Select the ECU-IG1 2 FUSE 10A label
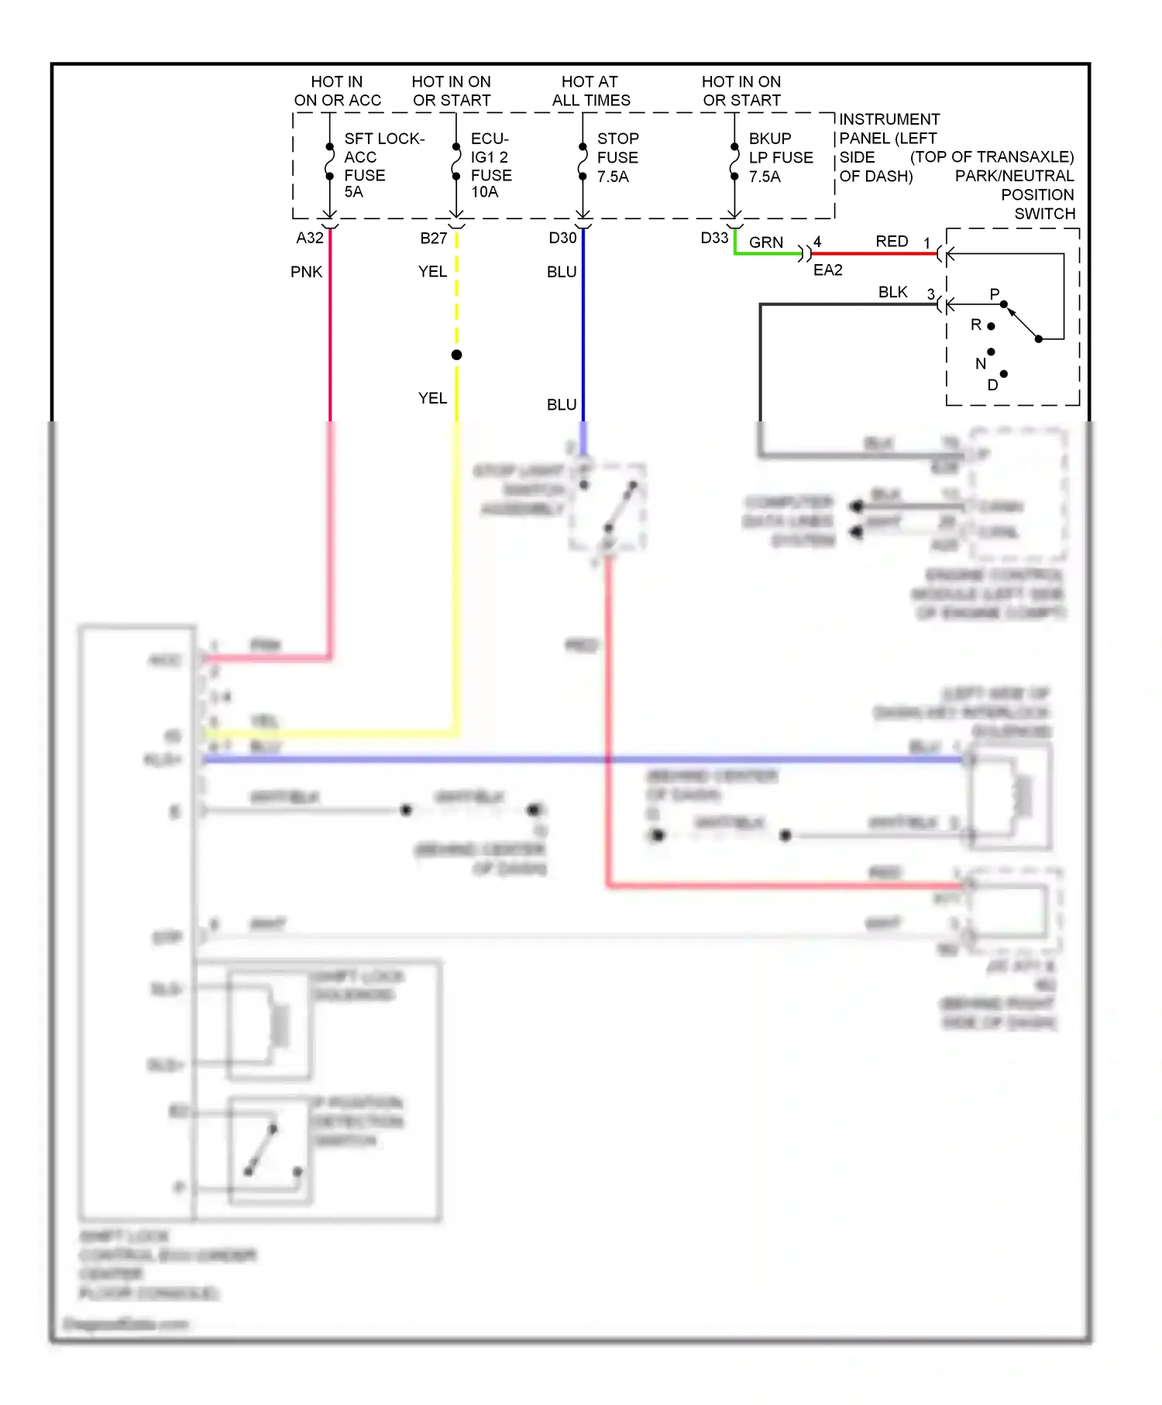tap(491, 165)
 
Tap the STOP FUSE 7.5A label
tap(617, 157)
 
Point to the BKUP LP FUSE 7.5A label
tap(780, 157)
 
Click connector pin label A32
tap(310, 239)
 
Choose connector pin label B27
tap(434, 239)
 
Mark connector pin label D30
tap(562, 239)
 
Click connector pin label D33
tap(714, 239)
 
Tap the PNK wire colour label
tap(306, 272)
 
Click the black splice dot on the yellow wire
tap(457, 355)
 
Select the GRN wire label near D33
tap(765, 242)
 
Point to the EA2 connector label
tap(827, 270)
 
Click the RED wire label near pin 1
tap(892, 242)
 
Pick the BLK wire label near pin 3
tap(892, 292)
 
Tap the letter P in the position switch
tap(995, 294)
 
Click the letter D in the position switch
tap(992, 385)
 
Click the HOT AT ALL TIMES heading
tap(590, 91)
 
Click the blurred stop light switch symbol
tap(609, 507)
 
